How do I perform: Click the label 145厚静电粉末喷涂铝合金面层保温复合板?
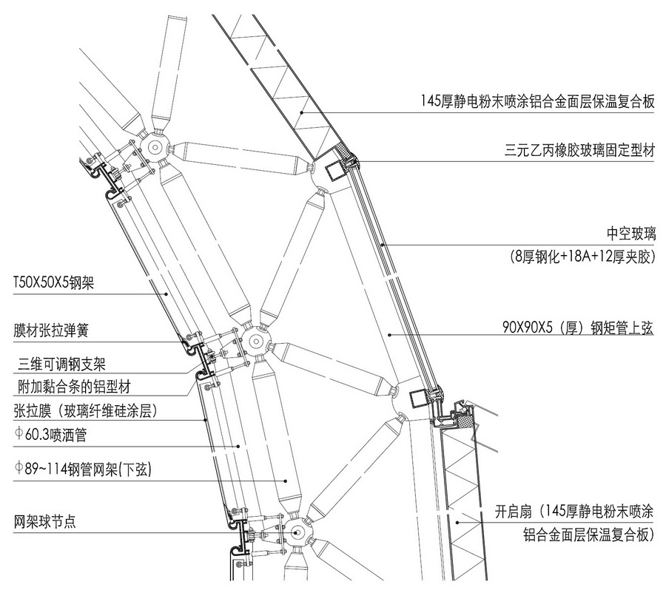click(537, 102)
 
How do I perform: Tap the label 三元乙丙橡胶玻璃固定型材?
click(579, 150)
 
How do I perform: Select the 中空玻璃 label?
click(631, 234)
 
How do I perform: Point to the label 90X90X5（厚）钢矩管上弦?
click(578, 328)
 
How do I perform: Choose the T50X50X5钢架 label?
click(53, 282)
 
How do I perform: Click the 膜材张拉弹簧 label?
click(51, 330)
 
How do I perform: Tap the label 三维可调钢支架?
click(61, 364)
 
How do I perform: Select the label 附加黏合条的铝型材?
click(74, 387)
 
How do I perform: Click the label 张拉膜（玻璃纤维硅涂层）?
click(85, 410)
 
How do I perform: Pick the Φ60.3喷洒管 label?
click(50, 435)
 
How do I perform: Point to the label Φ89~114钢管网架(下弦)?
click(82, 469)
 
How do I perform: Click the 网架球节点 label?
click(44, 521)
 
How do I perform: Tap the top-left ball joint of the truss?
click(155, 147)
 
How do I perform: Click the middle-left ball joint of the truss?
click(255, 340)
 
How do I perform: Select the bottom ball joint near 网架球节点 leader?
click(296, 532)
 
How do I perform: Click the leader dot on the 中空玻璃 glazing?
click(383, 245)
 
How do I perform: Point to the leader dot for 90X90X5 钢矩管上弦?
click(389, 335)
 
